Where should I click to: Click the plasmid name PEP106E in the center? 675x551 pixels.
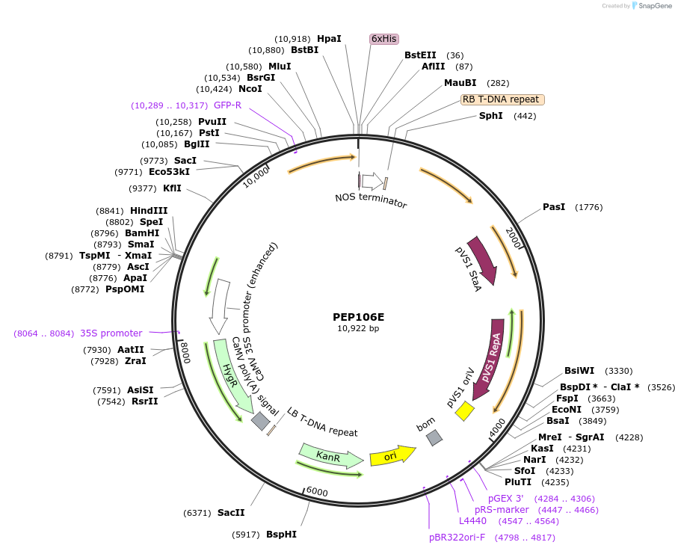(358, 316)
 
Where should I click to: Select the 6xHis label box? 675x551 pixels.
(384, 38)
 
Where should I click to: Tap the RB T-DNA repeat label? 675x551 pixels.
(501, 99)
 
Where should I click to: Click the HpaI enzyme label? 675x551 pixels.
(329, 38)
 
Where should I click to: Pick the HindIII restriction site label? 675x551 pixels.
(149, 211)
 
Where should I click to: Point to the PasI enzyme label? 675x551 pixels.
(554, 206)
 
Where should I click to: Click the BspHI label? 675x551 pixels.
(281, 535)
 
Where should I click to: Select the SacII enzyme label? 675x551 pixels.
(230, 512)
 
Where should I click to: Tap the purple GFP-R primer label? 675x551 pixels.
(227, 105)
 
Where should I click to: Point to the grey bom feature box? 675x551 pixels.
(434, 438)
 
